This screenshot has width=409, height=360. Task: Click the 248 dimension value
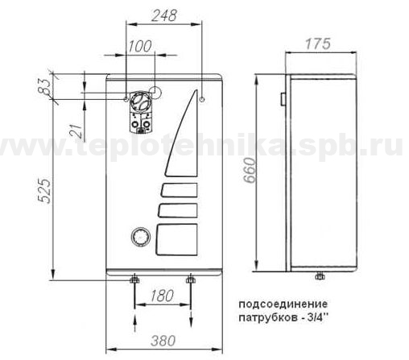click(164, 15)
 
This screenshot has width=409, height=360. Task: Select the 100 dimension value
click(140, 46)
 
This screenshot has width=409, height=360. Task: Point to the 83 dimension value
click(45, 86)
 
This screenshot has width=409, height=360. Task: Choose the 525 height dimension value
click(44, 190)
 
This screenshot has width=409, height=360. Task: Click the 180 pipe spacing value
click(162, 296)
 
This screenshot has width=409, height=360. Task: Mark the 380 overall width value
click(163, 341)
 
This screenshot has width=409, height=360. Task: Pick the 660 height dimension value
click(250, 170)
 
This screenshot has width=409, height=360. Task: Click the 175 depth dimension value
click(318, 43)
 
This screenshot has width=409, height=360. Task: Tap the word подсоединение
click(283, 304)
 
